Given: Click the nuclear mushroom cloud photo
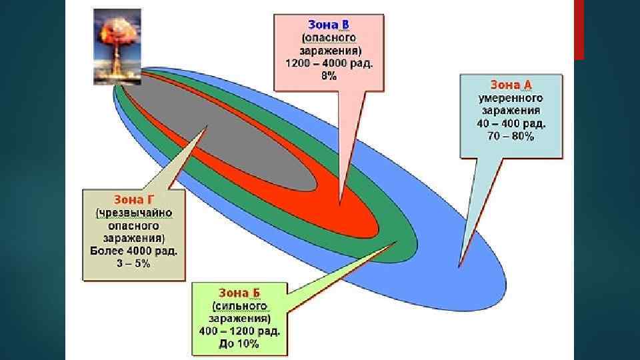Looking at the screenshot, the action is coord(117,47).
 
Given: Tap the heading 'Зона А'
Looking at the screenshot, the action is coord(511,85).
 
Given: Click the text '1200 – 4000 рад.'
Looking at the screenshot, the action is coord(329,64).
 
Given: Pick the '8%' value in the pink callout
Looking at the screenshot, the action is coord(329,77).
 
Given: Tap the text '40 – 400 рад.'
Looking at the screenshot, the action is coord(511,123).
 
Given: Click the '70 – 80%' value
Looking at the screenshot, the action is coord(511,136).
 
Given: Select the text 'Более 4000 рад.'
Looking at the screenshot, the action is coord(134,251).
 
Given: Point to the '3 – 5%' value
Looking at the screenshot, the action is coord(134,264).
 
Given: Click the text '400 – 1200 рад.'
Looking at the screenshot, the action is coord(239,331).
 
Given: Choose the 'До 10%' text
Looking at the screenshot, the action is coord(239,344).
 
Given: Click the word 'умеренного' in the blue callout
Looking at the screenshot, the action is coord(511,98).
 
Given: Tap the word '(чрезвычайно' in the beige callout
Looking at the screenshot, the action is coord(134,213).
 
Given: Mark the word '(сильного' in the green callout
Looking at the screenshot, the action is coord(239,305).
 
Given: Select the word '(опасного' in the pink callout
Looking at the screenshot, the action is coord(329,39).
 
